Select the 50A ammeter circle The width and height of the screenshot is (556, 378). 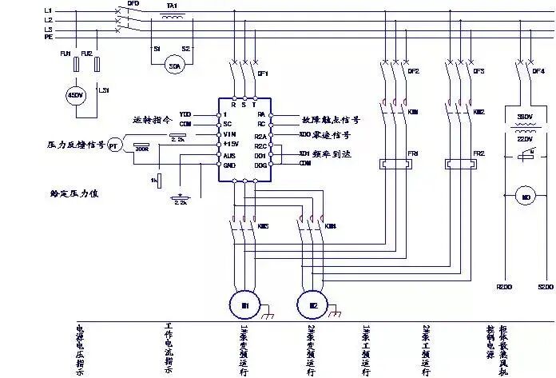point(175,66)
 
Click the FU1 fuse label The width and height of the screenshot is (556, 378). point(66,53)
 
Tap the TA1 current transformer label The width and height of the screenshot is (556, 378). point(171,6)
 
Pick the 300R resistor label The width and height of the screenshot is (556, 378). point(143,149)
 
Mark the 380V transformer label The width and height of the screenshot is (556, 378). point(526,117)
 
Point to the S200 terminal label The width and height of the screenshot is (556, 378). point(544,286)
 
